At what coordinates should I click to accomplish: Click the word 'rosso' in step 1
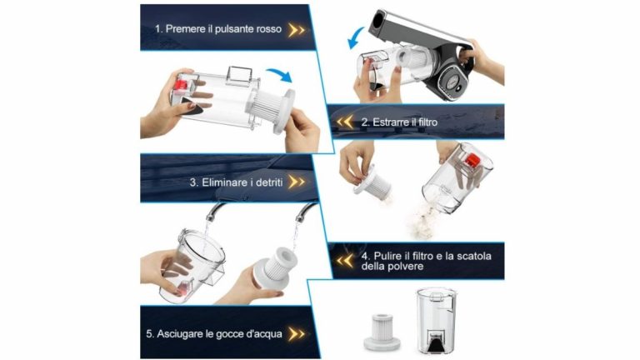[269, 29]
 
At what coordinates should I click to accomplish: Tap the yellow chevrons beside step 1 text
[297, 30]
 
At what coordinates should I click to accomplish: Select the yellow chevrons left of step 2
[345, 122]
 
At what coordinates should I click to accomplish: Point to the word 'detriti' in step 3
[269, 182]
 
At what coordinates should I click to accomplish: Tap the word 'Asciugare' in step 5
[180, 334]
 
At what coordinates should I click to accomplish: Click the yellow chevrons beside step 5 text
[297, 334]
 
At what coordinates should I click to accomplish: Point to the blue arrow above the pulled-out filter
[280, 74]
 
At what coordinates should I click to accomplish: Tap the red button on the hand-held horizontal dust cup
[181, 84]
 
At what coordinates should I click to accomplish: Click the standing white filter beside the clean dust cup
[382, 332]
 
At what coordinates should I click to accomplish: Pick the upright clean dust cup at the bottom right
[437, 320]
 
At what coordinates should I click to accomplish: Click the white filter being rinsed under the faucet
[273, 267]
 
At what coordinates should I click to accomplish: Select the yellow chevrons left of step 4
[345, 260]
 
